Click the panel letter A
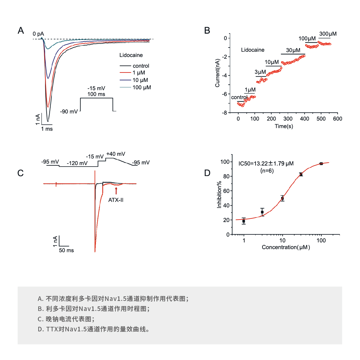(x=21, y=30)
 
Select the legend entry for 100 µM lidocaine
(x=142, y=87)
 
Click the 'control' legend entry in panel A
(x=141, y=66)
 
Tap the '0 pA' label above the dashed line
(x=38, y=34)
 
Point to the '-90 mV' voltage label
(x=69, y=112)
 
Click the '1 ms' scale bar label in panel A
(x=47, y=129)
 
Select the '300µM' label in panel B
(x=328, y=34)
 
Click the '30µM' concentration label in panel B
(x=293, y=50)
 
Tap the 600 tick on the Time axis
(x=337, y=119)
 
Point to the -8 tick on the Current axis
(x=224, y=113)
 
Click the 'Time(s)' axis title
(x=284, y=126)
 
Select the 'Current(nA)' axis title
(x=217, y=73)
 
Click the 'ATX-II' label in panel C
(x=116, y=200)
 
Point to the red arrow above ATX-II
(x=116, y=191)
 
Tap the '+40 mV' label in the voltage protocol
(x=116, y=154)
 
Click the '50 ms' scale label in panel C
(x=66, y=250)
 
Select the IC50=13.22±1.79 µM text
(x=266, y=164)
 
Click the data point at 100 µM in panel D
(x=321, y=164)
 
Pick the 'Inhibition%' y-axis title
(x=219, y=195)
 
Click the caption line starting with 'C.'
(x=66, y=319)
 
